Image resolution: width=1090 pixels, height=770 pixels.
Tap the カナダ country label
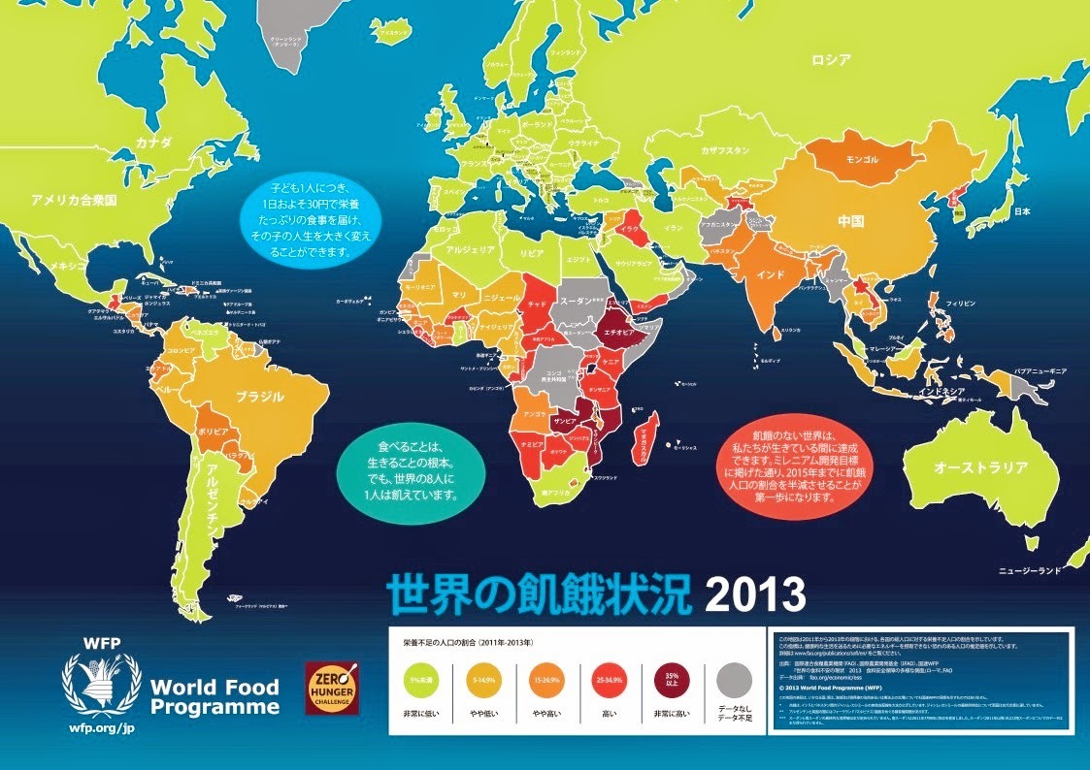[x=153, y=143]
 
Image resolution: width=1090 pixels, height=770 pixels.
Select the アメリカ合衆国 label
[x=74, y=201]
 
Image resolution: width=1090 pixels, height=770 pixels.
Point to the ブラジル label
[x=260, y=397]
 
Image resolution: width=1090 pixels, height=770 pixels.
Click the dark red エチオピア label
[x=618, y=330]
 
